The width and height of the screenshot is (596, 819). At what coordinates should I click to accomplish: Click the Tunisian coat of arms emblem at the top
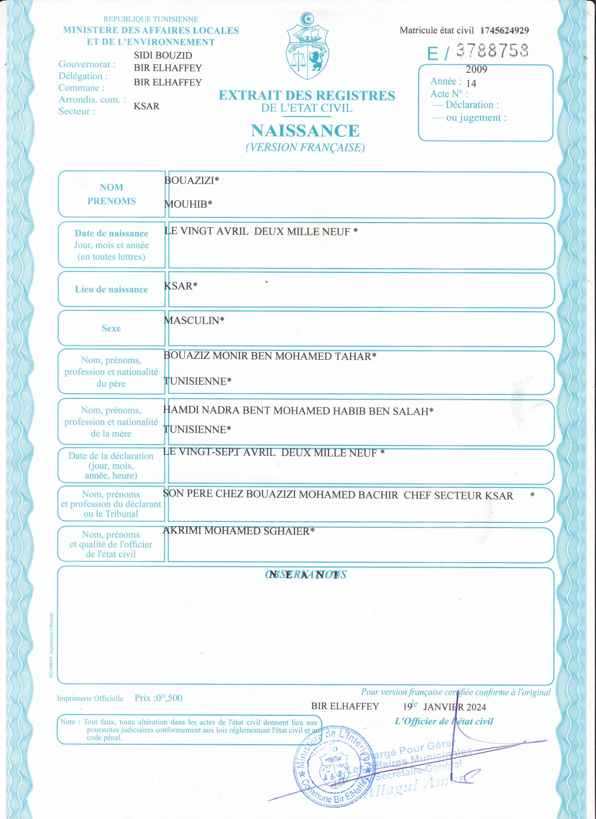pyautogui.click(x=307, y=47)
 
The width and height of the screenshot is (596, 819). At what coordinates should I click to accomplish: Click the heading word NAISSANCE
pyautogui.click(x=305, y=131)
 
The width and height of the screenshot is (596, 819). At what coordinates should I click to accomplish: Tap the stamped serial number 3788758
pyautogui.click(x=492, y=51)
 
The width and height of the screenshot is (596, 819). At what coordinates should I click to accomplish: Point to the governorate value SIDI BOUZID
pyautogui.click(x=163, y=55)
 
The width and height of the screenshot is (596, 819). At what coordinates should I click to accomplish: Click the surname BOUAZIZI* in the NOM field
pyautogui.click(x=192, y=180)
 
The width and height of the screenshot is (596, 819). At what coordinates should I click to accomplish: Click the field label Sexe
pyautogui.click(x=111, y=328)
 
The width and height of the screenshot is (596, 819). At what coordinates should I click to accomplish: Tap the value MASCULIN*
pyautogui.click(x=194, y=320)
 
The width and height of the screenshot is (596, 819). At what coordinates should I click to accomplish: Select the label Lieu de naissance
pyautogui.click(x=111, y=289)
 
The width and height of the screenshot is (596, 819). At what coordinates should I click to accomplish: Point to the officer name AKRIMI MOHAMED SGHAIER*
pyautogui.click(x=238, y=531)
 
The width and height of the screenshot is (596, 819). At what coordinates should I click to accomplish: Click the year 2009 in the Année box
pyautogui.click(x=476, y=69)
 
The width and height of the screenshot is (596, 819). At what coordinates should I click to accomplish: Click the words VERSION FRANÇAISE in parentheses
pyautogui.click(x=305, y=147)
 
